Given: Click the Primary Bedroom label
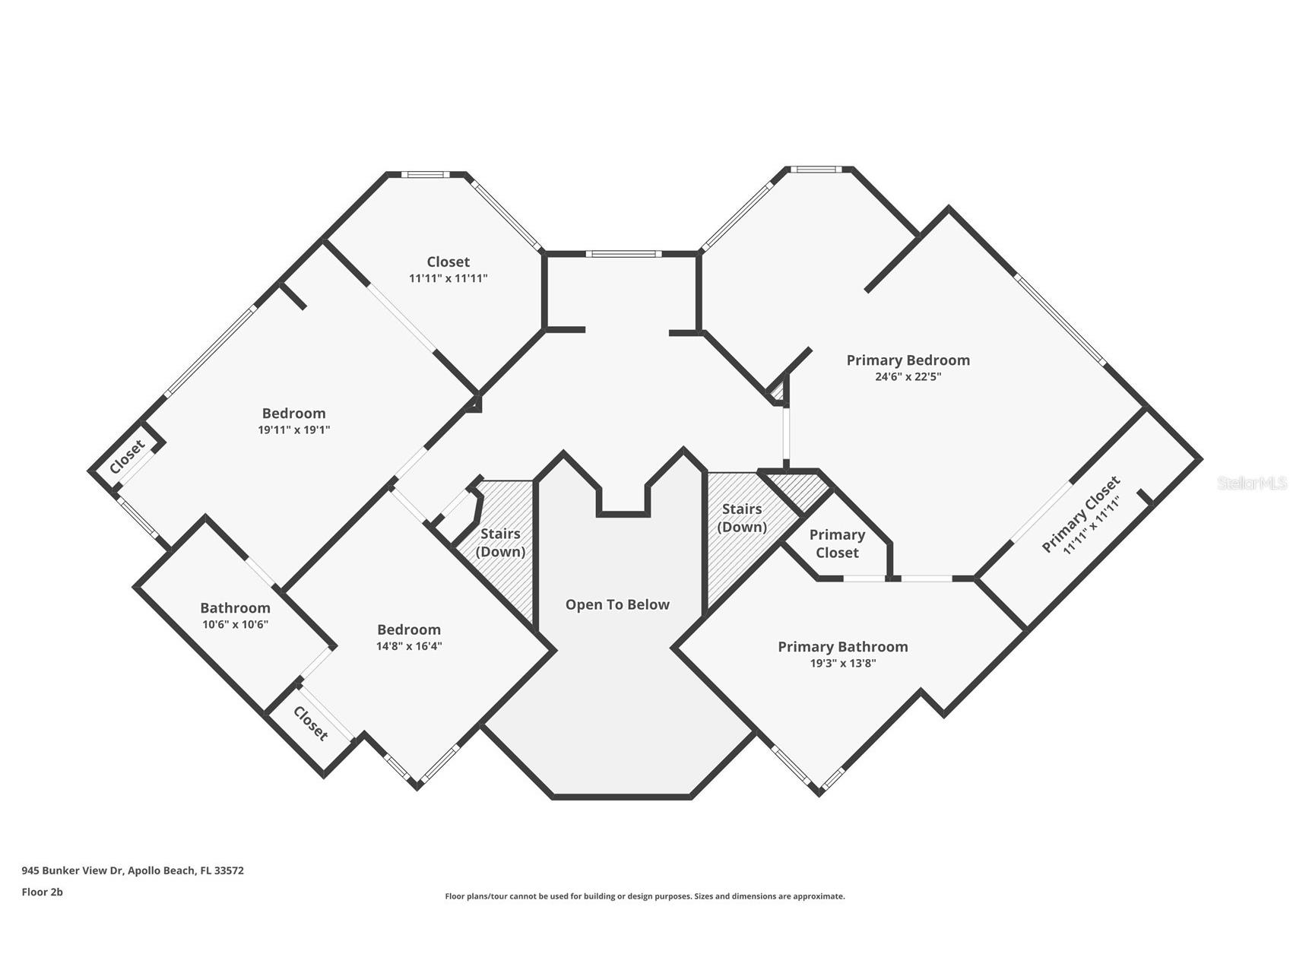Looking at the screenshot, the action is tap(908, 360).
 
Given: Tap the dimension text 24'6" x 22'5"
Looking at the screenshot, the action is tap(908, 376).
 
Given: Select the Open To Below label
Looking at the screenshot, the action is tap(617, 605).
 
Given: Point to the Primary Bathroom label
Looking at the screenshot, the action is tap(842, 647).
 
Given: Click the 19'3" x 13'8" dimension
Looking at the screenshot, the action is tap(842, 663).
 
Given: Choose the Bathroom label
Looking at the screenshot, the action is tap(235, 608).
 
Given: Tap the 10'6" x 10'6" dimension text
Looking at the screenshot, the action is tap(235, 624).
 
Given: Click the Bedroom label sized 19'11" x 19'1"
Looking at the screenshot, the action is tap(293, 414).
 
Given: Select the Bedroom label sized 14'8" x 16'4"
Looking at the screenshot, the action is tap(409, 630).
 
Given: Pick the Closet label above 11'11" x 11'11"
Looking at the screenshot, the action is tap(448, 262).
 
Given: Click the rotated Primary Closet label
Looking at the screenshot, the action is tap(1080, 515).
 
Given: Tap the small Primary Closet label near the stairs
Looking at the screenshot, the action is tap(837, 544).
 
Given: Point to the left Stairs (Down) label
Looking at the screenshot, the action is tap(500, 543).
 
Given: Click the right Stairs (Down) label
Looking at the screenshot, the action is tap(742, 518).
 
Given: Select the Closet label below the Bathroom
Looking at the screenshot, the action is tap(311, 724).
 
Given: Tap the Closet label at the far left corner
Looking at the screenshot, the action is tap(127, 456).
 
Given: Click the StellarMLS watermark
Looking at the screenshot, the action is tap(1252, 483).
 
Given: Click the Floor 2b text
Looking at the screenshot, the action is tap(42, 892).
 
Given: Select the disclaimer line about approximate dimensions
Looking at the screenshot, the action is tap(645, 896).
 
